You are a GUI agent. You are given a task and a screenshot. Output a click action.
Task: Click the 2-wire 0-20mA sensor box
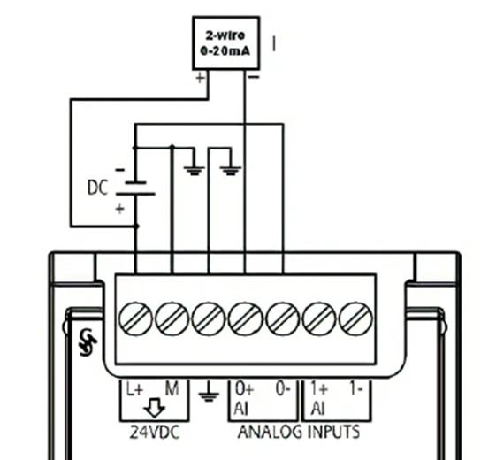225,42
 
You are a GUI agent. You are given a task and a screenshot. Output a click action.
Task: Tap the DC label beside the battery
98,188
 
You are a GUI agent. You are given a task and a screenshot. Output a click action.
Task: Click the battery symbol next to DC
136,188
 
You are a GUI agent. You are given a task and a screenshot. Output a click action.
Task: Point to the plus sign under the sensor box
200,78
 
